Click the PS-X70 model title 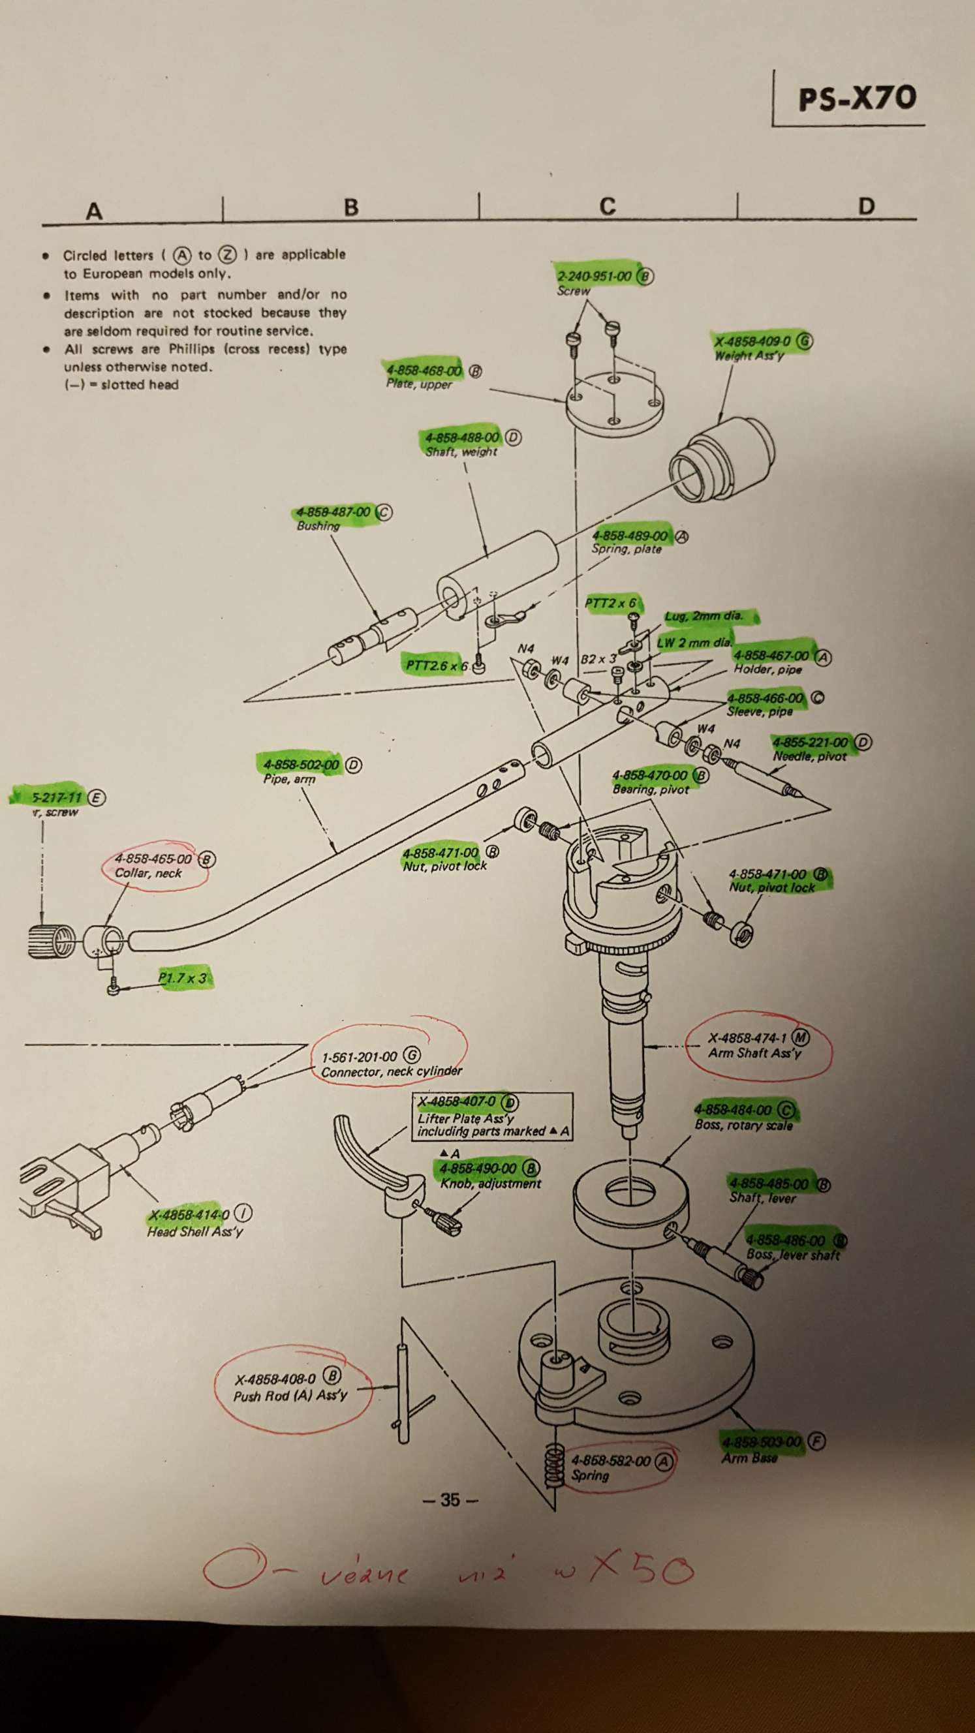(x=857, y=99)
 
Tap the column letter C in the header (x=607, y=206)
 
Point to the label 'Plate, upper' (x=418, y=384)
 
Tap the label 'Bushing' (x=318, y=525)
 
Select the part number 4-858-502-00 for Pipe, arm (x=302, y=765)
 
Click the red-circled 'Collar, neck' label (x=148, y=873)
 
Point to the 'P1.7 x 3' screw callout (x=182, y=977)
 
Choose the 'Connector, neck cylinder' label (x=392, y=1071)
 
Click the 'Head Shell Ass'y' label (x=195, y=1232)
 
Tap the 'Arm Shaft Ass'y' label (x=754, y=1054)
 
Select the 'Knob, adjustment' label (x=491, y=1184)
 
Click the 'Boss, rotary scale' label (x=743, y=1125)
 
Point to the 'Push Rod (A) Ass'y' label (x=290, y=1396)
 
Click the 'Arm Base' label (x=749, y=1458)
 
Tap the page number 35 (x=450, y=1499)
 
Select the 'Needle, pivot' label (x=809, y=756)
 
